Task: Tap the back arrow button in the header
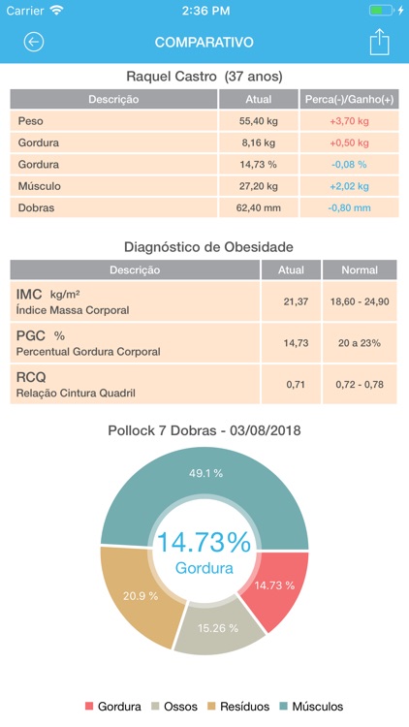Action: coord(34,42)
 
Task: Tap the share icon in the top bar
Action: coord(379,42)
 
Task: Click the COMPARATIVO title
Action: coord(204,43)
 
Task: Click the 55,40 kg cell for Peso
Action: coord(258,121)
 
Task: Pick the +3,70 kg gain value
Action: coord(349,121)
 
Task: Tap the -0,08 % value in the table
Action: coord(349,165)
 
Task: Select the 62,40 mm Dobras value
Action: coord(258,207)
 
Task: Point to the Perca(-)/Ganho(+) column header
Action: coord(349,99)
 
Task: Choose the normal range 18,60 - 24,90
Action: coord(359,302)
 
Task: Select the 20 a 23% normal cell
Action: coord(359,343)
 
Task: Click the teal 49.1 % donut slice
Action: coord(205,473)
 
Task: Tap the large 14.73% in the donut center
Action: coord(204,543)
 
